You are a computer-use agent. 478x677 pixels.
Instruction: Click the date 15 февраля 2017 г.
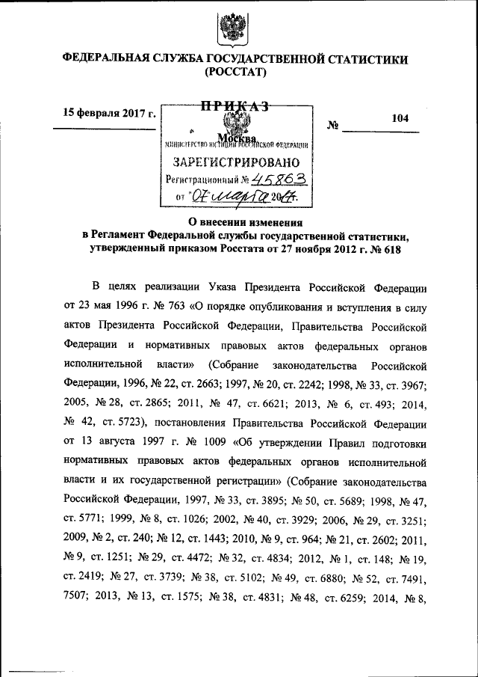(x=109, y=113)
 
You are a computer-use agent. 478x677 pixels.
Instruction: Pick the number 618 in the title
(x=391, y=249)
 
